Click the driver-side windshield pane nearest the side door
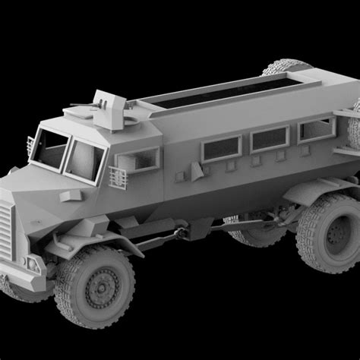click(x=84, y=159)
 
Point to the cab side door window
click(x=137, y=160)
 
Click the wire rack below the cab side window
click(x=118, y=178)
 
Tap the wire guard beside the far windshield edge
click(x=31, y=144)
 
